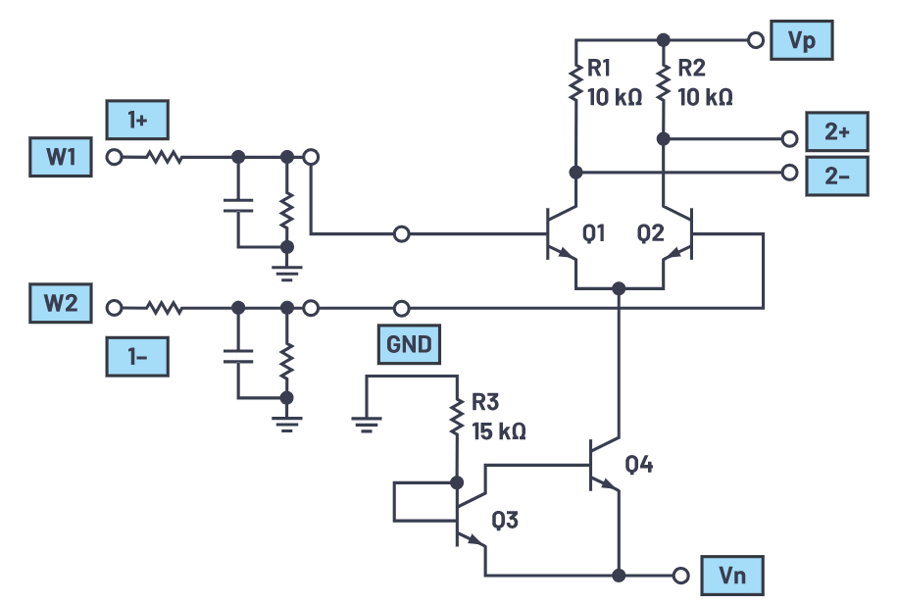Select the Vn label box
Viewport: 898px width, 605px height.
click(x=731, y=576)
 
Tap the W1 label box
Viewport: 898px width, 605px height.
click(x=61, y=157)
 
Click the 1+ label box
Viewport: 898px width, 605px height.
click(x=136, y=122)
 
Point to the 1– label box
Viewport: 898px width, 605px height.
click(x=136, y=357)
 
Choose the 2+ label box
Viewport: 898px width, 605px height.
click(x=835, y=130)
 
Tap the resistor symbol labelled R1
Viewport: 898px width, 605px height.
click(x=575, y=82)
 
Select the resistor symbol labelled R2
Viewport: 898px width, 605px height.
click(x=663, y=82)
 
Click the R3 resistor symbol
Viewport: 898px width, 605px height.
click(x=456, y=417)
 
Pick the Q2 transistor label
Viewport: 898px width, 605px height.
click(x=650, y=233)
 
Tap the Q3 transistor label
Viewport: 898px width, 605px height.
click(x=505, y=521)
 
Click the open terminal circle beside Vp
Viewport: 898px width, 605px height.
click(x=755, y=41)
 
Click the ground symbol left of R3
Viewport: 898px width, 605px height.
click(x=365, y=421)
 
